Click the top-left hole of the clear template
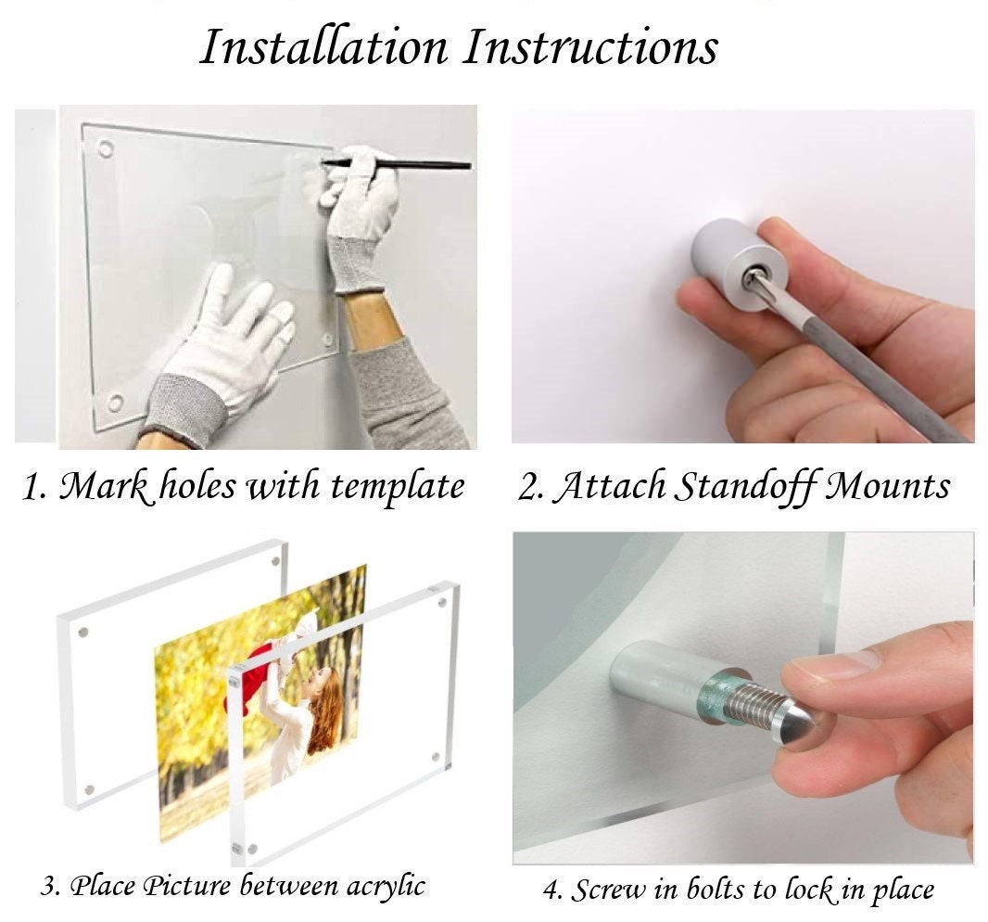pos(106,148)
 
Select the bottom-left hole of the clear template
pos(115,402)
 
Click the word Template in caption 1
pos(404,486)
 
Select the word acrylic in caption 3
pos(380,886)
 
